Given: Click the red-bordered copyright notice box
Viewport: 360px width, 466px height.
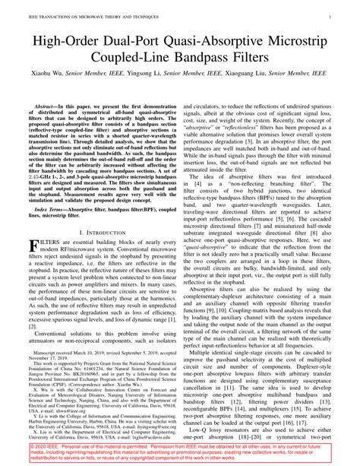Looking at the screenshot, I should click(179, 453).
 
